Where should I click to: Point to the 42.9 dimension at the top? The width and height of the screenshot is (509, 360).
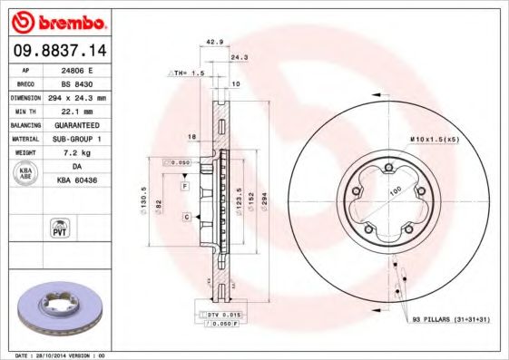(213, 42)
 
